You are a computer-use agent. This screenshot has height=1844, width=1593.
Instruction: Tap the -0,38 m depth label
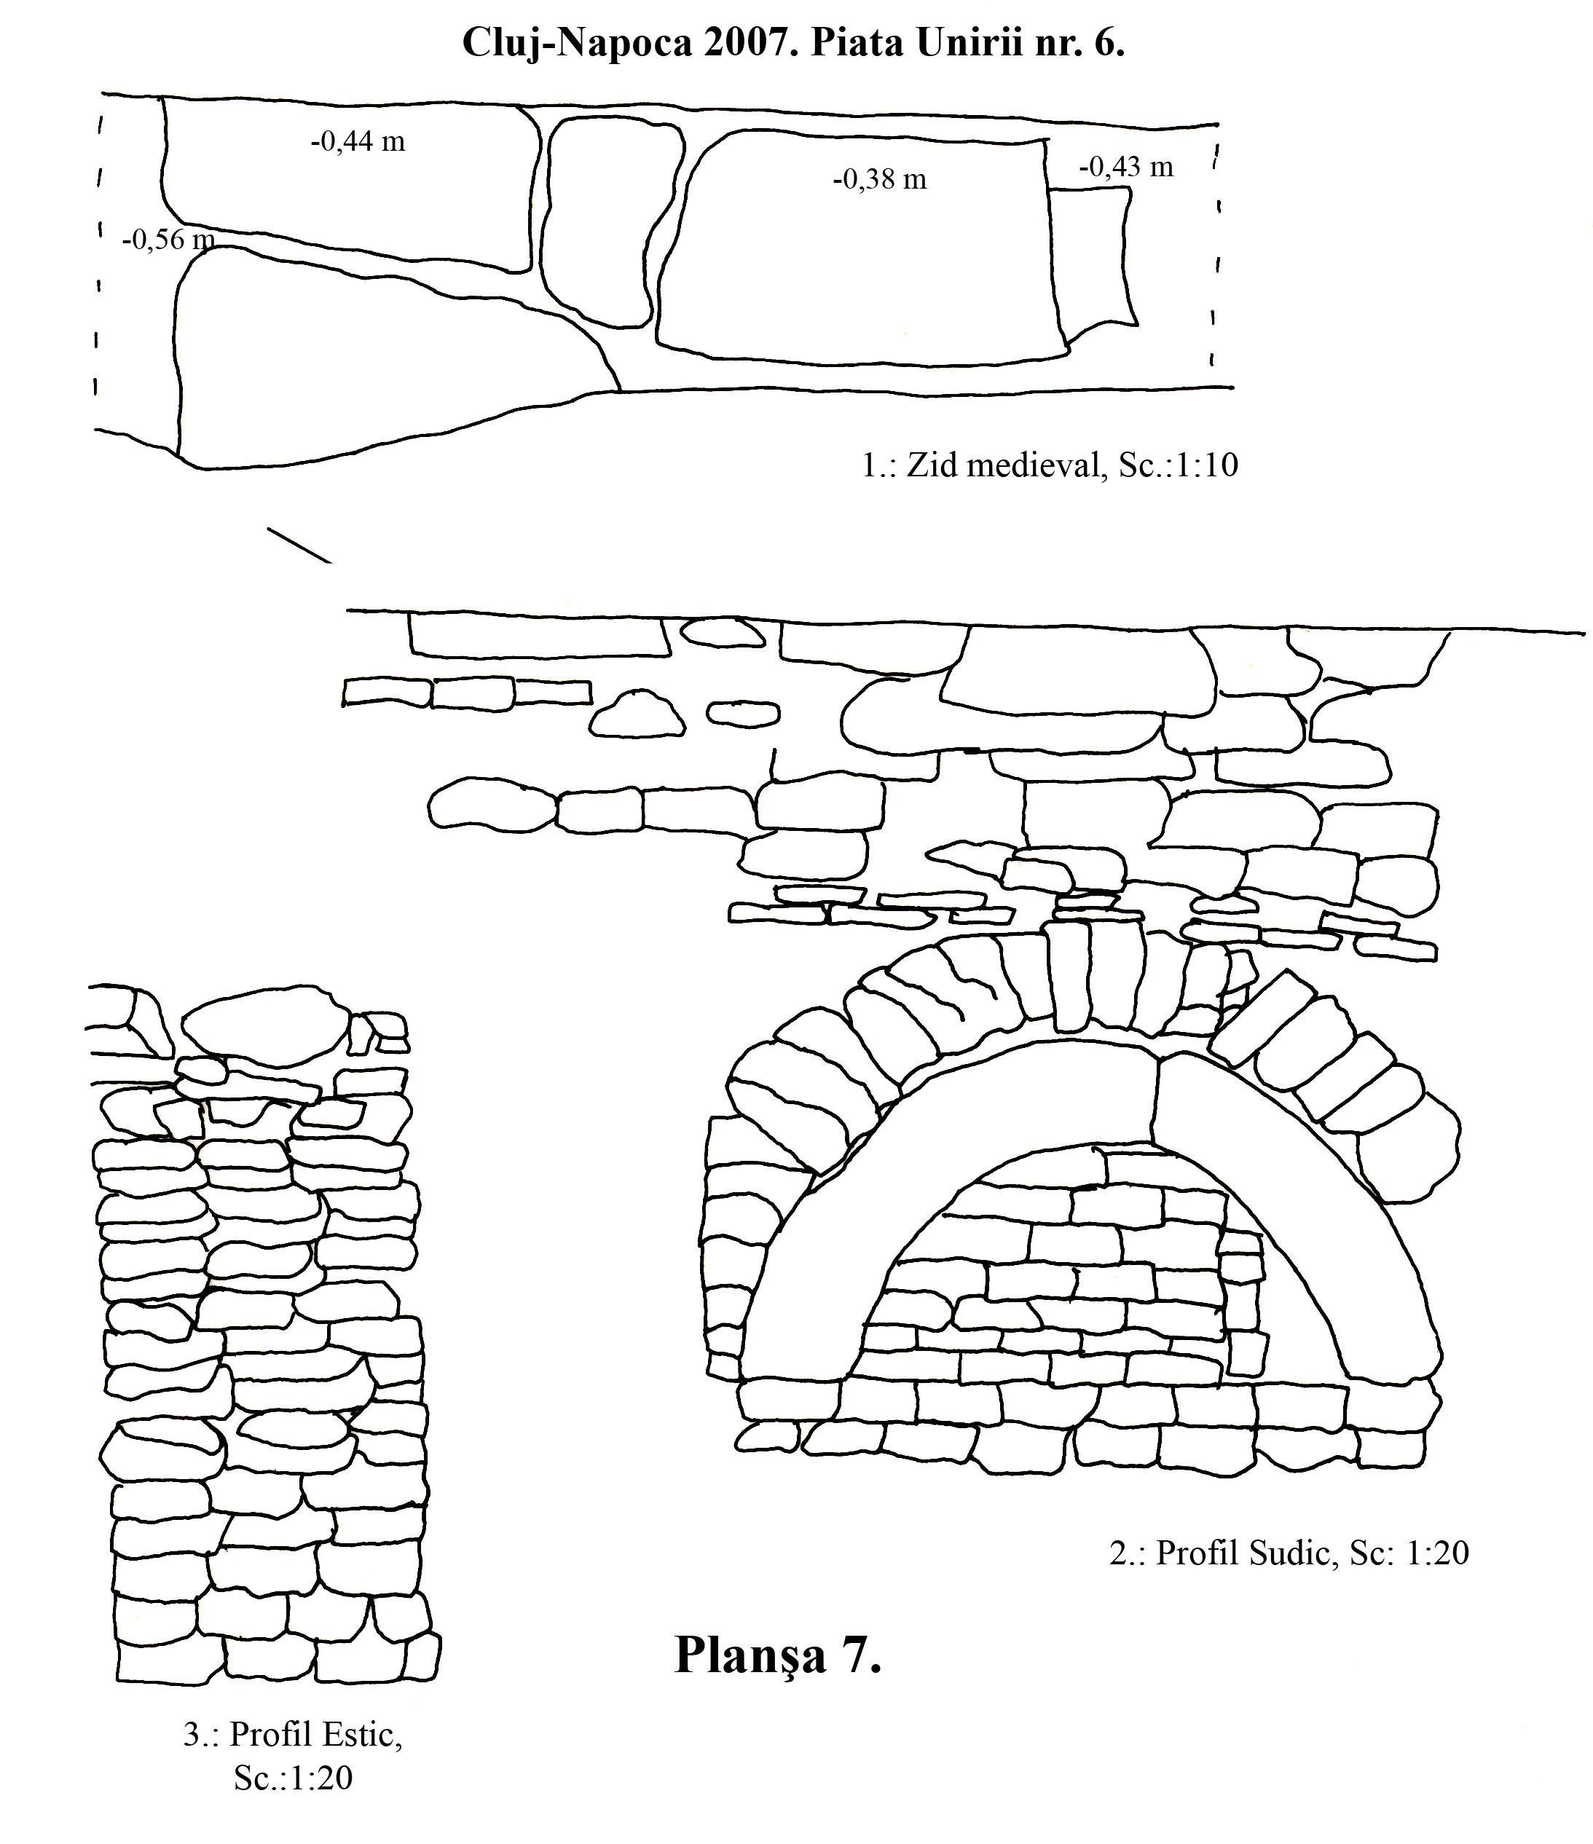(879, 179)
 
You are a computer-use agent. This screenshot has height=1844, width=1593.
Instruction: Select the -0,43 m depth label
(1126, 167)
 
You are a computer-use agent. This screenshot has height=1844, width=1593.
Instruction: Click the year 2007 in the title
(750, 43)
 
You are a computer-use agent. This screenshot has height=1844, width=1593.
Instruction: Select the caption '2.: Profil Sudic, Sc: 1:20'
(1289, 1552)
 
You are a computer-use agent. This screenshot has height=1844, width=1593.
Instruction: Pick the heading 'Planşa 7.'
(778, 1656)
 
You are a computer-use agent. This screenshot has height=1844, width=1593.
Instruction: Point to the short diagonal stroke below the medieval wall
(299, 546)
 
